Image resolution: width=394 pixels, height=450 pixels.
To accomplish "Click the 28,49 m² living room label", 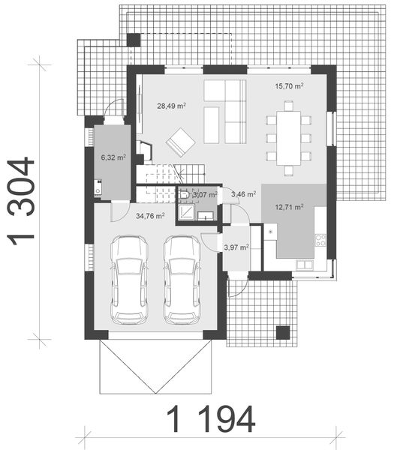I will [171, 106].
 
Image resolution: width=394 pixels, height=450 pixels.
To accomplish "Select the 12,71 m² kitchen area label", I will [289, 207].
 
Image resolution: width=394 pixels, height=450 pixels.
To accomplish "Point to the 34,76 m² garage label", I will [150, 216].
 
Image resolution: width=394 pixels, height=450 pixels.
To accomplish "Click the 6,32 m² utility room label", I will [113, 158].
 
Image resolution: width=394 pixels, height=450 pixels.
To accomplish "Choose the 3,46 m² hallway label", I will [243, 194].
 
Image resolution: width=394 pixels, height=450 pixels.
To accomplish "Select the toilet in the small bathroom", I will [184, 196].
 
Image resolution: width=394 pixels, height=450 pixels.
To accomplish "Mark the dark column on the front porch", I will [282, 332].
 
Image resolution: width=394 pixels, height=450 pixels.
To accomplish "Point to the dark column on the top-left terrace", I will [133, 40].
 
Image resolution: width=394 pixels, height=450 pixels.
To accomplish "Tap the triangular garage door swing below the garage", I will [156, 365].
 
